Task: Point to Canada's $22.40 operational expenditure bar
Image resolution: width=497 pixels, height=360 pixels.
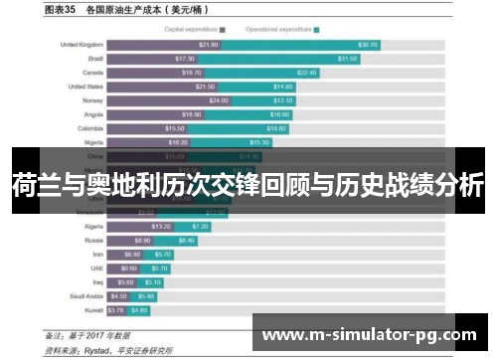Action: point(279,73)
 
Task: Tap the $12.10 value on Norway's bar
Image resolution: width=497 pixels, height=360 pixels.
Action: point(282,100)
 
